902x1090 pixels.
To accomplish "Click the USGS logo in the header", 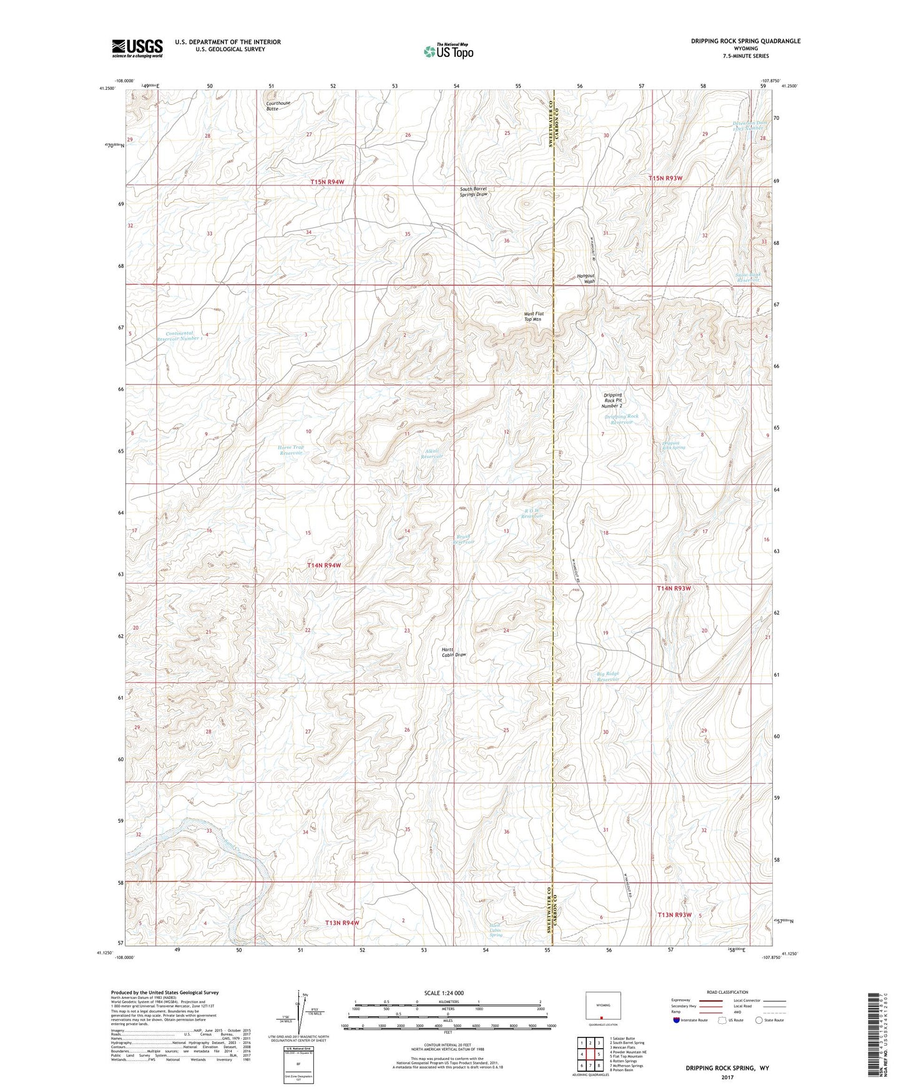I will pyautogui.click(x=137, y=48).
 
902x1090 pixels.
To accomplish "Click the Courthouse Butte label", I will pyautogui.click(x=278, y=106).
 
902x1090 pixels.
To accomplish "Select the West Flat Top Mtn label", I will pyautogui.click(x=532, y=317).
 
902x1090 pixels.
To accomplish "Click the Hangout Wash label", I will pyautogui.click(x=586, y=278).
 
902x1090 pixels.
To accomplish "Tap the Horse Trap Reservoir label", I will pyautogui.click(x=290, y=450).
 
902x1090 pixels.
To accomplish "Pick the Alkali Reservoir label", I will pyautogui.click(x=431, y=453).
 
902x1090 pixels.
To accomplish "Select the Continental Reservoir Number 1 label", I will pyautogui.click(x=180, y=336).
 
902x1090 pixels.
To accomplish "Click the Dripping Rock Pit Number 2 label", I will pyautogui.click(x=612, y=400).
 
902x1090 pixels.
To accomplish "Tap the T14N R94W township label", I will pyautogui.click(x=324, y=565).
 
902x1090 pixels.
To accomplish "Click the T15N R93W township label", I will pyautogui.click(x=665, y=178).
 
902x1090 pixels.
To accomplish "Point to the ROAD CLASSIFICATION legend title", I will pyautogui.click(x=727, y=992).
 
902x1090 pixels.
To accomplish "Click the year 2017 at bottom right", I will pyautogui.click(x=728, y=1077).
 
